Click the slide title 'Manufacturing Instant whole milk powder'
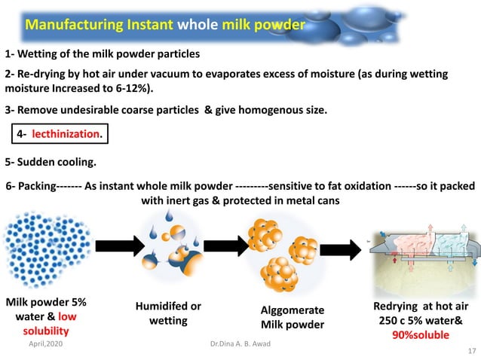pos(165,25)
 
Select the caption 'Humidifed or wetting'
pos(168,313)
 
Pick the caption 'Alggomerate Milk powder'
pos(293,317)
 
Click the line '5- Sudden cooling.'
pos(51,162)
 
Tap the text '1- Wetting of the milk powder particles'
pos(103,54)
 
